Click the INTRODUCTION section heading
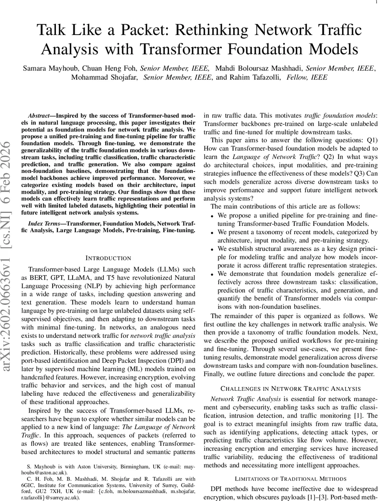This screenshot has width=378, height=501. coord(108,258)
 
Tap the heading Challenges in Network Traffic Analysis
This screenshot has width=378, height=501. coord(291,388)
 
